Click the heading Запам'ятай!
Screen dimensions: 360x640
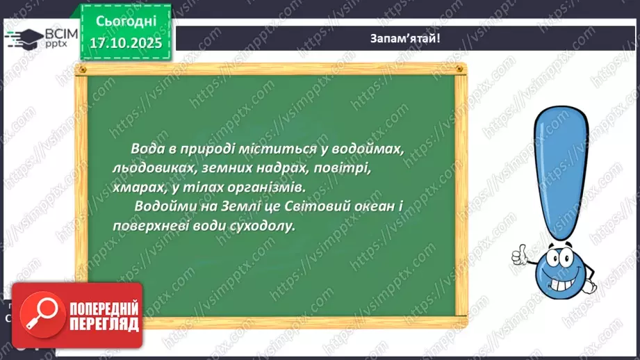(405, 39)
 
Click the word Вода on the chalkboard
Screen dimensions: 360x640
(145, 149)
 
